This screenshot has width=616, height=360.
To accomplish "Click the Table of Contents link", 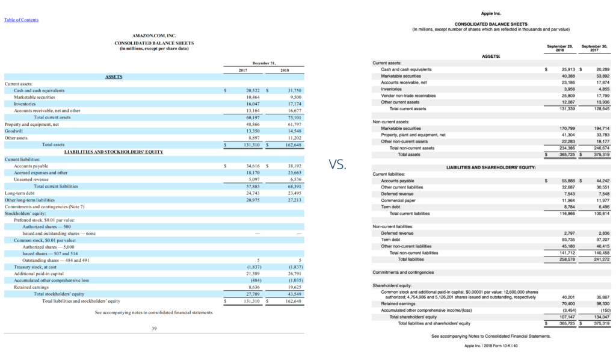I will tap(21, 20).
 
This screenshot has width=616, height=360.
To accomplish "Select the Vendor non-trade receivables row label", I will tap(408, 96).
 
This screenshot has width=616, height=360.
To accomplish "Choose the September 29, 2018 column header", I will tap(559, 47).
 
